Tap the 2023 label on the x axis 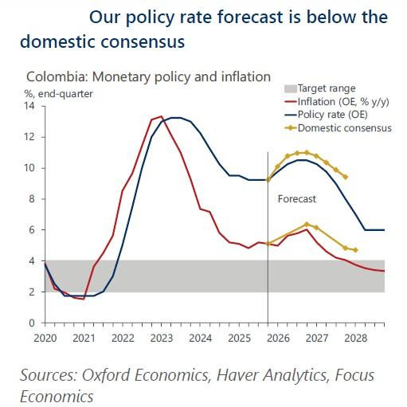[162, 337]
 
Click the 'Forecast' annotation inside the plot [297, 199]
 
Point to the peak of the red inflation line [162, 116]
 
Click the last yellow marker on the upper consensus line [346, 177]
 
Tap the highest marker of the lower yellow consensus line [307, 224]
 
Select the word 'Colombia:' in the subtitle [57, 77]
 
